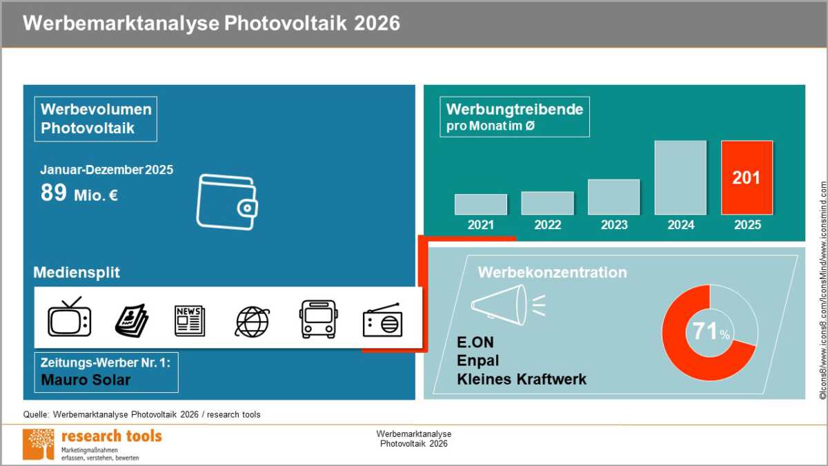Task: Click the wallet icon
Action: click(x=227, y=202)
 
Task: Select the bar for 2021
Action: click(x=480, y=204)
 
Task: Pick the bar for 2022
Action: click(x=547, y=203)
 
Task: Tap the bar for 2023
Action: click(x=613, y=197)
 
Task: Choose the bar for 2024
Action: click(x=680, y=177)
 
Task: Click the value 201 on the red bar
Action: click(x=747, y=178)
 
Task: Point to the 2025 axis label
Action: click(x=747, y=225)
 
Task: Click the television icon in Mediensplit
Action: click(x=70, y=317)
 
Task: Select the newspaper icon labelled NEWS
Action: click(x=190, y=320)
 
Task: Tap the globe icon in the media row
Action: click(x=253, y=322)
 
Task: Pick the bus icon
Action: click(x=318, y=319)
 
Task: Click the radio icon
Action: click(x=382, y=320)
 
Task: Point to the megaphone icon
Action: click(x=508, y=304)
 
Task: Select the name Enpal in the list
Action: click(x=478, y=360)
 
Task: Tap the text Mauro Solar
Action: click(x=86, y=380)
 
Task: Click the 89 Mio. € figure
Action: click(x=79, y=193)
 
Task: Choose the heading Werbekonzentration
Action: click(x=552, y=273)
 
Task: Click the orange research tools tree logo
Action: click(x=39, y=444)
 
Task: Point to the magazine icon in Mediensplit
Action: click(x=132, y=320)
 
